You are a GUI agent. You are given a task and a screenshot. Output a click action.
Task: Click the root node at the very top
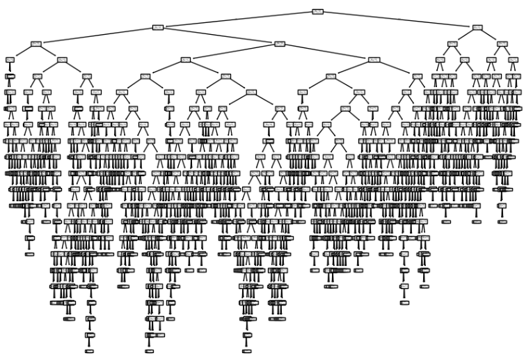[317, 11]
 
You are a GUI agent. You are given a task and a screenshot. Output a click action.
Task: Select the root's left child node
[158, 27]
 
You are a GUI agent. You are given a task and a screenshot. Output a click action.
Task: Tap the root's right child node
[477, 27]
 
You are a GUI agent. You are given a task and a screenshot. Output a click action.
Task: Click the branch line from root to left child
[237, 19]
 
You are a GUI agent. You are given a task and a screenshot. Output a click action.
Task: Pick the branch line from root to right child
[397, 19]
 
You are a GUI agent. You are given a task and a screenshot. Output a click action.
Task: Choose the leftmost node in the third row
[36, 43]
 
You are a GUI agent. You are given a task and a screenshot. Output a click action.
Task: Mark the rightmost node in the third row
[502, 43]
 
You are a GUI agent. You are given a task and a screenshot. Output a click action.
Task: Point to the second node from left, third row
[280, 43]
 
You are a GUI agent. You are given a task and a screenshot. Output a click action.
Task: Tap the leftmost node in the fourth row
[10, 60]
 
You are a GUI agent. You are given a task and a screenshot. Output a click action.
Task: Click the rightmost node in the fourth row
[513, 60]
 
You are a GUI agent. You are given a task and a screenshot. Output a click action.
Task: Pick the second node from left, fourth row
[62, 60]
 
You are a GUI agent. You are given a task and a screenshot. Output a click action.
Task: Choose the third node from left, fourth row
[185, 60]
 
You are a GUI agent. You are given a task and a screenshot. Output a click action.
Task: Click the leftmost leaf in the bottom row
[89, 352]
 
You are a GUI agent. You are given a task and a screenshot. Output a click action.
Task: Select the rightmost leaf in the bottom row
[246, 352]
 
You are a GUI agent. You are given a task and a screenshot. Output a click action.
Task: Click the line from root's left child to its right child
[219, 36]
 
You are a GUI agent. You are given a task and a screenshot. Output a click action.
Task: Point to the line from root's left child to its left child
[97, 36]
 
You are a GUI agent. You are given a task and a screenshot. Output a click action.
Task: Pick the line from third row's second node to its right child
[326, 52]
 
